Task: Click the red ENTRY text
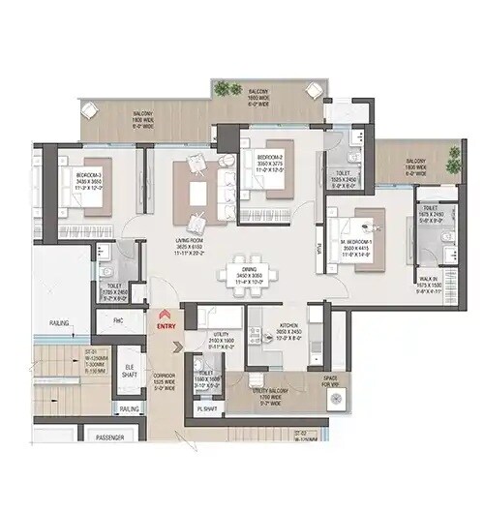[165, 326]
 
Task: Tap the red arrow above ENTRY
[165, 315]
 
